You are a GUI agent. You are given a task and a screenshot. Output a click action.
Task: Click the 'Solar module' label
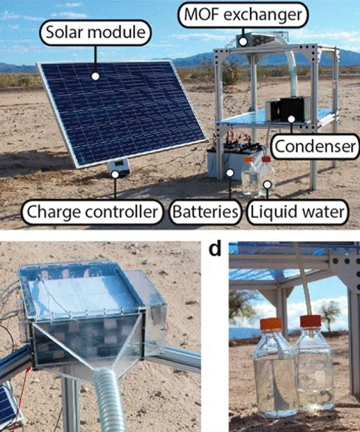click(x=96, y=33)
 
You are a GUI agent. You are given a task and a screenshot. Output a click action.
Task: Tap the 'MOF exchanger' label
click(x=243, y=15)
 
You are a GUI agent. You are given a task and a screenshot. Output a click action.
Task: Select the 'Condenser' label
click(x=315, y=146)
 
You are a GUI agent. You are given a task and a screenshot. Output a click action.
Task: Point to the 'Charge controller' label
click(x=93, y=212)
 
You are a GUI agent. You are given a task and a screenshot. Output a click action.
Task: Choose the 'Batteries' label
click(x=205, y=212)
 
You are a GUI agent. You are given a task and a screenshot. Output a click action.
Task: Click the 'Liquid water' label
click(x=298, y=212)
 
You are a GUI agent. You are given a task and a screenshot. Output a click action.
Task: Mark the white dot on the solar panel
click(x=95, y=77)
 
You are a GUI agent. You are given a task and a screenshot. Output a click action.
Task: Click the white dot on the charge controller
click(x=115, y=174)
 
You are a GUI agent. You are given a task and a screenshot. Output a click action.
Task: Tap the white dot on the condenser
click(x=291, y=119)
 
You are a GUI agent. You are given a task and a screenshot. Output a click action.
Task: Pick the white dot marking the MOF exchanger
click(x=243, y=42)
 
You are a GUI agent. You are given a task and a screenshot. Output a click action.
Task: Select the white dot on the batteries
click(x=230, y=173)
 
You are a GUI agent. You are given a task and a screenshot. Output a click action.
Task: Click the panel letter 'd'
click(x=215, y=249)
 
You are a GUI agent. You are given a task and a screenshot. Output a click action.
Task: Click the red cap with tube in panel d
click(x=311, y=321)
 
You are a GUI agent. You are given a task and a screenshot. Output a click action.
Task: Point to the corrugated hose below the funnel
click(x=109, y=402)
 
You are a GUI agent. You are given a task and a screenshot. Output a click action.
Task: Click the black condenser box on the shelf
click(x=288, y=109)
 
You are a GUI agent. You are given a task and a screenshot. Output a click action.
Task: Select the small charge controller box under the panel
click(x=118, y=167)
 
